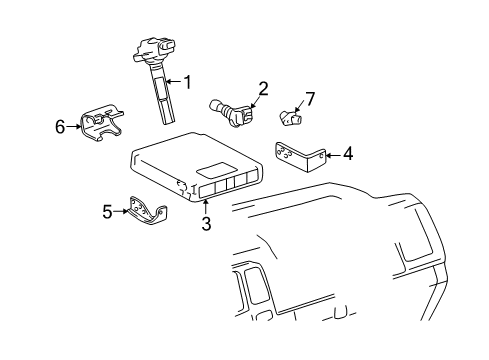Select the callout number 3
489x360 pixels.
[205, 224]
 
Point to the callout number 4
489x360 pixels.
[347, 154]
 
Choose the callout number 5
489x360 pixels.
[108, 211]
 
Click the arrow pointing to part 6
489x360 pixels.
[73, 126]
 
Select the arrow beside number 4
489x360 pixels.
[334, 154]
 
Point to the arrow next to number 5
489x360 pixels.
[121, 211]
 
